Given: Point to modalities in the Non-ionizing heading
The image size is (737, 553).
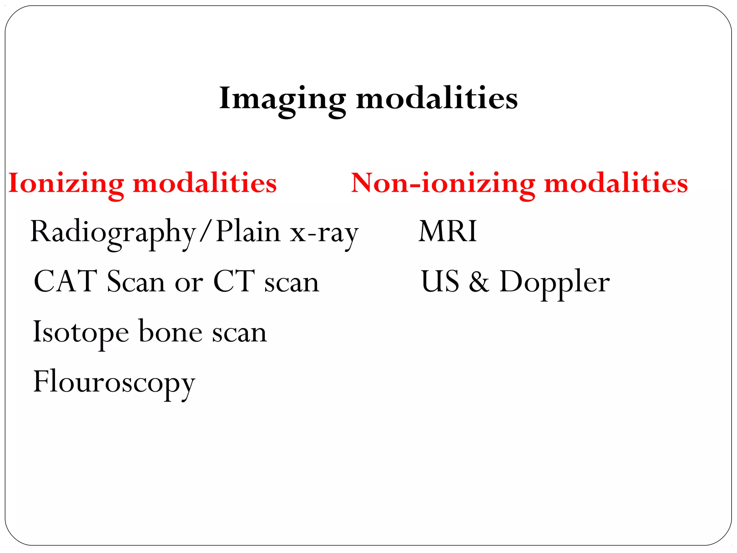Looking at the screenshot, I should [616, 183].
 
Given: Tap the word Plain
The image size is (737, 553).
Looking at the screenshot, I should [248, 231].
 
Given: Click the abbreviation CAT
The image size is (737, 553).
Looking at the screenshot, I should [65, 281].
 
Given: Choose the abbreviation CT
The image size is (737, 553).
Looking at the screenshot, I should [234, 281].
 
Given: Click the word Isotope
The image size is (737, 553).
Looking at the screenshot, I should [81, 332].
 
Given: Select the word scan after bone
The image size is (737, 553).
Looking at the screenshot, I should [239, 333].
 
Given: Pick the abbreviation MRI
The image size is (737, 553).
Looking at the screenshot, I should [448, 231].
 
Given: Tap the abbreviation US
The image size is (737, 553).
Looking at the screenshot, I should [440, 281].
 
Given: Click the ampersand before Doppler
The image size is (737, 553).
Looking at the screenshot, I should [479, 282].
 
